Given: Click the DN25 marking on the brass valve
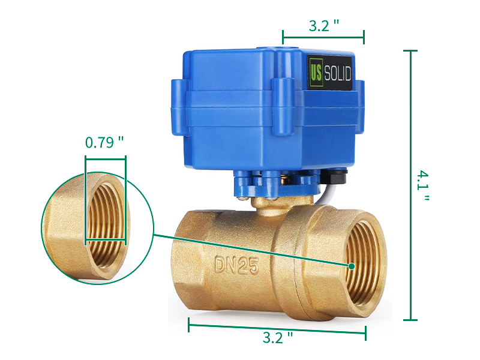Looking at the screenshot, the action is tap(236, 265).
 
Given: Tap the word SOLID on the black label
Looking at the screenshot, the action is tap(337, 73).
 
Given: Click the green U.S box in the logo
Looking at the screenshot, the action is tap(316, 72).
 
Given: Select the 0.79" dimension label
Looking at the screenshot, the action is tap(104, 142).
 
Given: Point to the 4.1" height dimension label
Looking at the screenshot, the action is tap(423, 185).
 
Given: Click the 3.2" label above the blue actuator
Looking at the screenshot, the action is tap(324, 26).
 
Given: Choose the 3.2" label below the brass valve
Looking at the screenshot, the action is tap(278, 337).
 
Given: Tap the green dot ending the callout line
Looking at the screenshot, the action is tap(352, 266).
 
